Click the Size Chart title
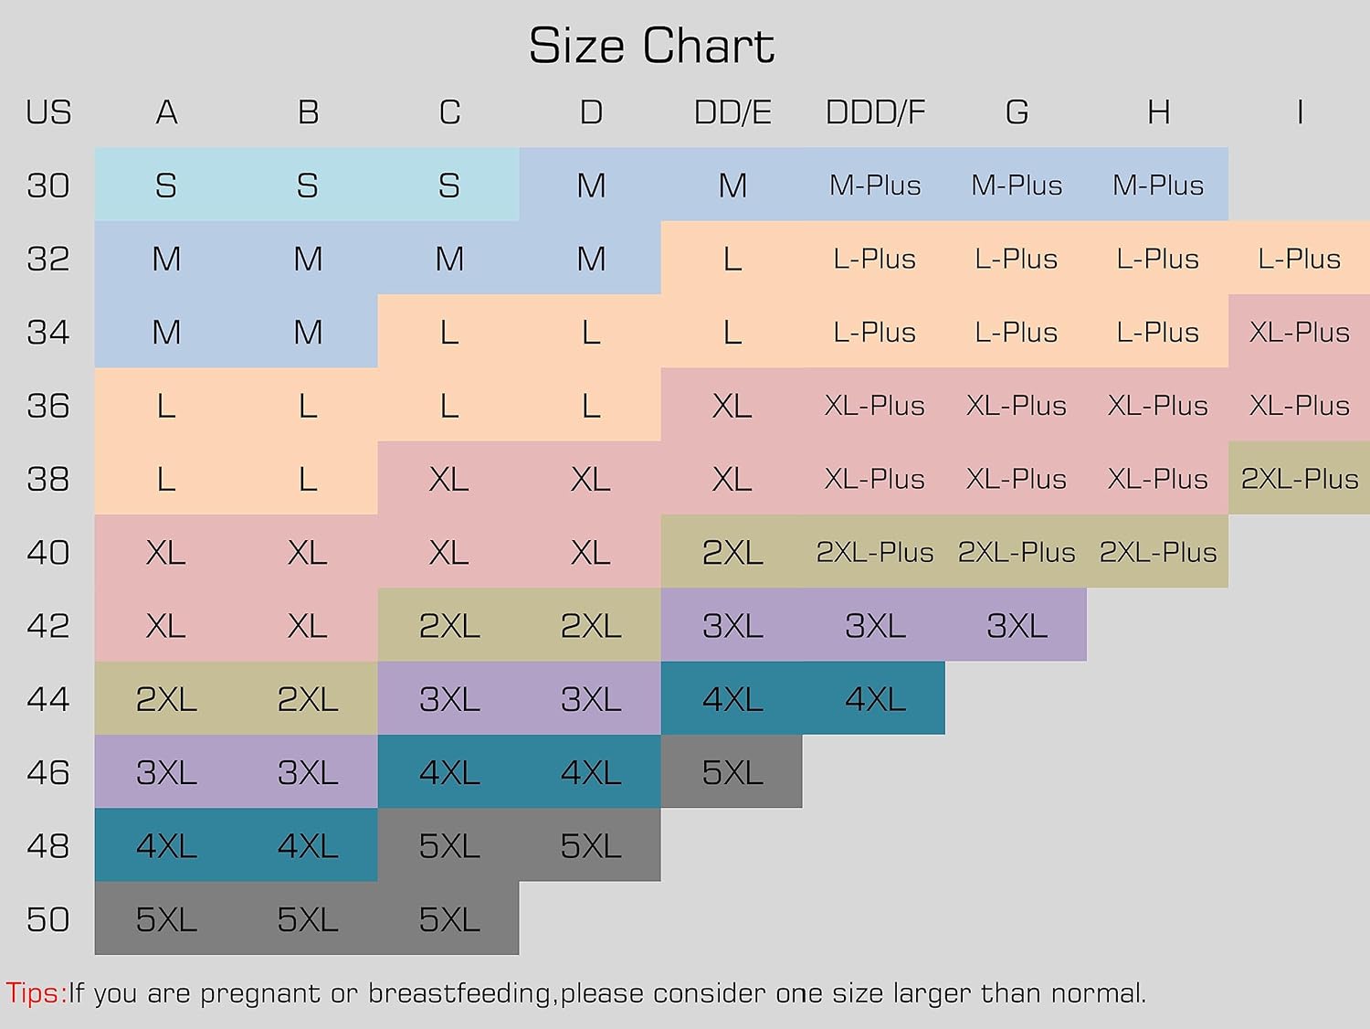click(651, 46)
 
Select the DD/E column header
click(732, 112)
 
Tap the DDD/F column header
click(875, 112)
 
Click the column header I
click(1299, 112)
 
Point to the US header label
click(48, 112)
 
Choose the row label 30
click(48, 186)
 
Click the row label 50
click(48, 919)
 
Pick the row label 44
click(48, 699)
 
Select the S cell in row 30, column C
click(448, 186)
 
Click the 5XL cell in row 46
click(732, 772)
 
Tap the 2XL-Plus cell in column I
click(1299, 479)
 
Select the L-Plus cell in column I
click(1299, 259)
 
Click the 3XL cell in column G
click(1017, 626)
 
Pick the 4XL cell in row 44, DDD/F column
click(875, 699)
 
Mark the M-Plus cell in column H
click(1157, 186)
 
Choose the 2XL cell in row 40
click(732, 552)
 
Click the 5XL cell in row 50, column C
click(448, 919)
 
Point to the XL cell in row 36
click(732, 406)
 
